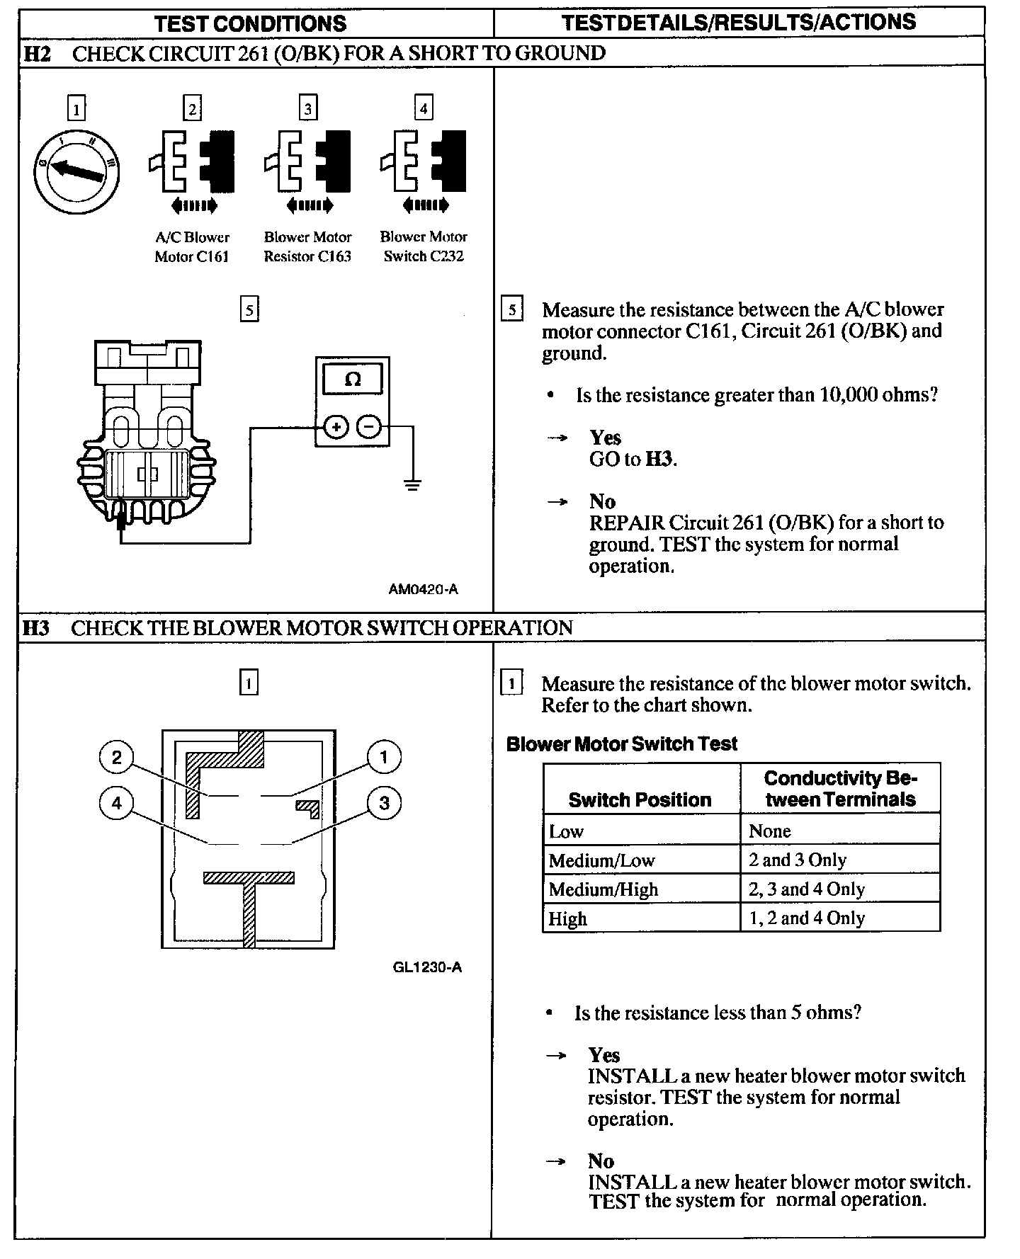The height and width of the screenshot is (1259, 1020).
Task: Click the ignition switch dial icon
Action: point(76,171)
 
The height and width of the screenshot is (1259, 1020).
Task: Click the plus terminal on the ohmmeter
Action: point(336,427)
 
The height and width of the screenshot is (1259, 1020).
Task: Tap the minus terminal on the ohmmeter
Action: point(368,427)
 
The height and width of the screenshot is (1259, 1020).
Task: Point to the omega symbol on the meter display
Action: point(352,380)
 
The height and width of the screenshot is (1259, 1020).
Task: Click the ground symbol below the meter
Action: point(412,485)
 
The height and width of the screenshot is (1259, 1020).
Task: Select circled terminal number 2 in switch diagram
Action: point(116,757)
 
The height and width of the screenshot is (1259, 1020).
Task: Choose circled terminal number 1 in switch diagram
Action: point(384,757)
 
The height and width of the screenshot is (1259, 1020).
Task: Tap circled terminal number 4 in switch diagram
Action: point(116,803)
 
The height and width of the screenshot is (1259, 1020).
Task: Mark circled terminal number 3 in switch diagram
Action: point(384,803)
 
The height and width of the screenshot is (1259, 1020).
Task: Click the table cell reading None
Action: point(770,831)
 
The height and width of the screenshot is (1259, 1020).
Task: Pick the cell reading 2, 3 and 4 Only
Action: point(807,889)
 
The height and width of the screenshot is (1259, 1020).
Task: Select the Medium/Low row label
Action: point(601,860)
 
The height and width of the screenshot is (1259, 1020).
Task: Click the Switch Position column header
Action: point(640,799)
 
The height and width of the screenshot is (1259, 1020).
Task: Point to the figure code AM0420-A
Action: point(423,589)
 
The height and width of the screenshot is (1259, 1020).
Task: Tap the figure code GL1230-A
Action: point(427,967)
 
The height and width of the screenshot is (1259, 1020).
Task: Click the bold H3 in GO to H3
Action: point(659,460)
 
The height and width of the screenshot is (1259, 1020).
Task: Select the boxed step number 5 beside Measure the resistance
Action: point(511,310)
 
